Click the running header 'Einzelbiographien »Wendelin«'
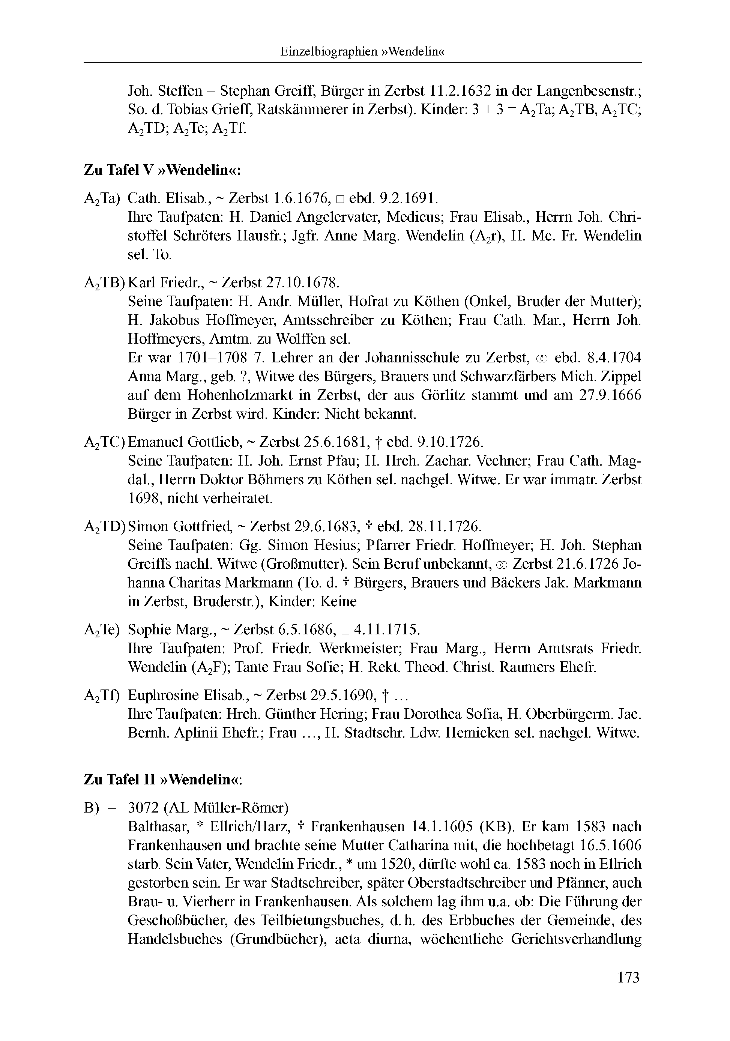(362, 52)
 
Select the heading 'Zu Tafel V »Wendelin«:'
(162, 170)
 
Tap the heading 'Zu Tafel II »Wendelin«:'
(163, 780)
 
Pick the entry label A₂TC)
(104, 442)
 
